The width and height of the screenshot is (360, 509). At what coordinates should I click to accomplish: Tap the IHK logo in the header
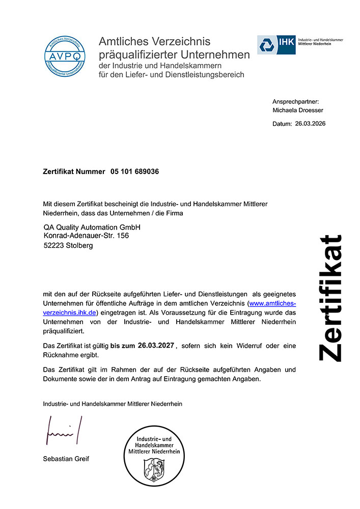(x=276, y=45)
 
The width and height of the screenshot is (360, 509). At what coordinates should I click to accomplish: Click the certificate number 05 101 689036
(x=134, y=172)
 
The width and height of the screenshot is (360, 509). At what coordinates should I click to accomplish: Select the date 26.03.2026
(x=310, y=124)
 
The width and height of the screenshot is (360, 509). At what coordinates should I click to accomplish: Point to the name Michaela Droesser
(x=298, y=110)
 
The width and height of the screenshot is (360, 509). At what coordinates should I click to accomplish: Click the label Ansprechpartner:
(x=295, y=102)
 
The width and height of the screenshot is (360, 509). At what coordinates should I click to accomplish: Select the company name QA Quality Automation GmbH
(x=92, y=227)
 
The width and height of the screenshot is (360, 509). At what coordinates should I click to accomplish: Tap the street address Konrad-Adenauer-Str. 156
(x=87, y=236)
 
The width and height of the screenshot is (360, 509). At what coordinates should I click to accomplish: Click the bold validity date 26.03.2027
(x=156, y=345)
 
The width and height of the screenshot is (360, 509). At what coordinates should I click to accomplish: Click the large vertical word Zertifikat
(x=329, y=298)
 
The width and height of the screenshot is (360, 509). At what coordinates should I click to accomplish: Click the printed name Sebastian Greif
(x=66, y=459)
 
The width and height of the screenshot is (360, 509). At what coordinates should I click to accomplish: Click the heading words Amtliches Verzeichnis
(x=154, y=41)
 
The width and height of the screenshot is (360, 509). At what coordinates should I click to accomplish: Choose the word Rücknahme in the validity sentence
(x=61, y=355)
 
